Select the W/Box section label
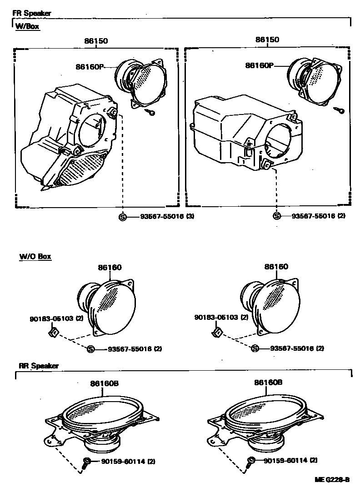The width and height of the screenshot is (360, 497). pyautogui.click(x=28, y=26)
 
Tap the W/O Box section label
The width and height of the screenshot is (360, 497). pyautogui.click(x=35, y=257)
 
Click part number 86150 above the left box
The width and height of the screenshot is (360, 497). pyautogui.click(x=95, y=40)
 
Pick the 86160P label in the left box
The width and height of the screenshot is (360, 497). pyautogui.click(x=90, y=66)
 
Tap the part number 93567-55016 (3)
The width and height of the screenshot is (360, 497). pyautogui.click(x=160, y=217)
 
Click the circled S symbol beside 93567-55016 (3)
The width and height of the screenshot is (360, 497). pyautogui.click(x=122, y=217)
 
